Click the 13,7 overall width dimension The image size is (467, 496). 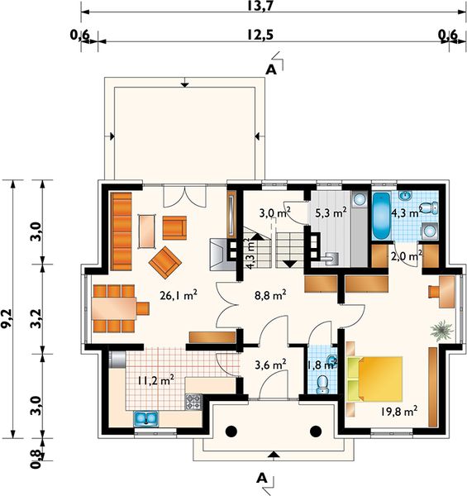click(260, 6)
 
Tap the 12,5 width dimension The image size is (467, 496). click(260, 35)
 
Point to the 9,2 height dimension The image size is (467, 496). click(7, 319)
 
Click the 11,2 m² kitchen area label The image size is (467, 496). click(155, 380)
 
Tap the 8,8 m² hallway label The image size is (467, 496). click(270, 295)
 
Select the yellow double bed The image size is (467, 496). click(375, 379)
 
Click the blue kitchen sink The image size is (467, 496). click(146, 418)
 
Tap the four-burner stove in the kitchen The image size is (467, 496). click(193, 402)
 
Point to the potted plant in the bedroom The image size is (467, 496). click(442, 331)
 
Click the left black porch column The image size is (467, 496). click(231, 432)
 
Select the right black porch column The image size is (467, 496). click(316, 432)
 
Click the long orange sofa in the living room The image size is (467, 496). click(122, 231)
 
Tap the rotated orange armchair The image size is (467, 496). click(165, 263)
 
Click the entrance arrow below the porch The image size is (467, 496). click(274, 455)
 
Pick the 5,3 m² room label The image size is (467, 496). click(331, 212)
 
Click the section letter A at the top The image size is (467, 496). click(271, 70)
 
